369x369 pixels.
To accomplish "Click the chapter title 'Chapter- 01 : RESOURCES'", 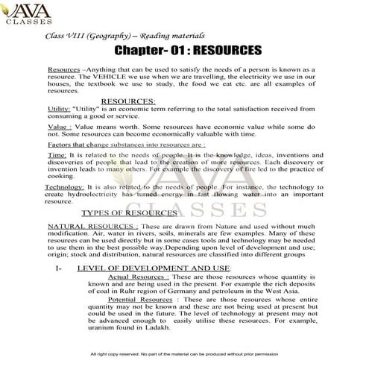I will [x=188, y=51].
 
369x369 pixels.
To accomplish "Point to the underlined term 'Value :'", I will [x=59, y=127].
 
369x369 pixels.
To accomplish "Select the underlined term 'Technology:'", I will [x=64, y=186].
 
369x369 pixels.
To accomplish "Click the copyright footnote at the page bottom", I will [x=183, y=354].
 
